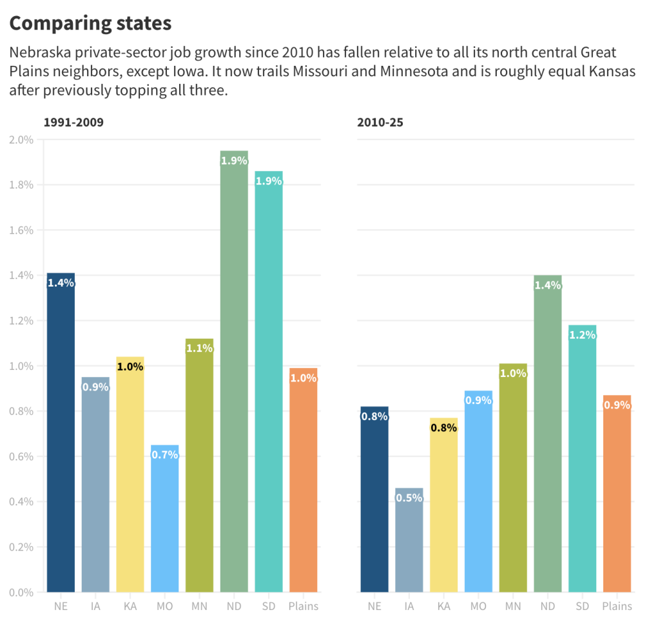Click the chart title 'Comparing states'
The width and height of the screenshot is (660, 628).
pos(90,23)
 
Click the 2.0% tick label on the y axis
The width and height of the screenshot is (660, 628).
pos(21,139)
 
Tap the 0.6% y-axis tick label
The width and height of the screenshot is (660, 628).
pos(21,456)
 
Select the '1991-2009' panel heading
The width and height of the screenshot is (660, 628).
pos(73,122)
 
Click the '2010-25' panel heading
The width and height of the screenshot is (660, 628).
pos(380,122)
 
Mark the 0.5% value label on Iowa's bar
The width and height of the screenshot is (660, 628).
pos(409,498)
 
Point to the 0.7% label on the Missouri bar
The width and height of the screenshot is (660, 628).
pos(165,454)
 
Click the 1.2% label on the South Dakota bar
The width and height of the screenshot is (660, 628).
pos(583,335)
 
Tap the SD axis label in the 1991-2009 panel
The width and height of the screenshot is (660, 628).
pos(269,606)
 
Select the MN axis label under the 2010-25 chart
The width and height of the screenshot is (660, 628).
pos(513,606)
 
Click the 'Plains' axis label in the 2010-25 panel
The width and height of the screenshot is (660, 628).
pos(617,606)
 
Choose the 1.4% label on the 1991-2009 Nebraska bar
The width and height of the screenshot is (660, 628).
pos(61,283)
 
